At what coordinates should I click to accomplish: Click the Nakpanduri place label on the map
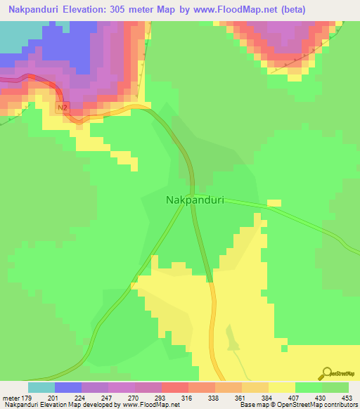pos(195,200)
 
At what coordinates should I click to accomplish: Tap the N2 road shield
pos(63,106)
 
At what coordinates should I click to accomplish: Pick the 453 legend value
pos(335,398)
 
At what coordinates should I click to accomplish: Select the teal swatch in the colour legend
pos(41,387)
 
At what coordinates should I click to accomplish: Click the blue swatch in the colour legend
pos(68,387)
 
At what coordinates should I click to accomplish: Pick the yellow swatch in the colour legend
pos(282,387)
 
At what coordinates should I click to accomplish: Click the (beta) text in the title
pos(304,9)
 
